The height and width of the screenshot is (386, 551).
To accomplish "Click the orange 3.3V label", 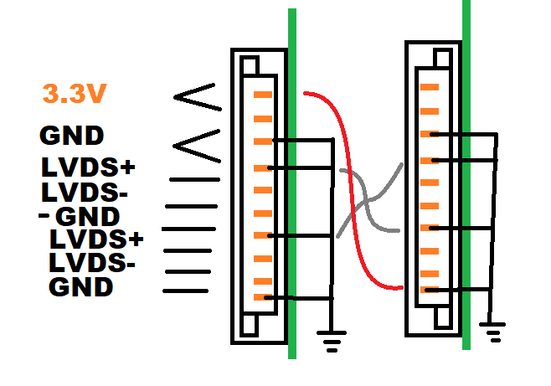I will coord(73,94).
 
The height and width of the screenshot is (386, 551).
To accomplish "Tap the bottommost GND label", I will coord(80,287).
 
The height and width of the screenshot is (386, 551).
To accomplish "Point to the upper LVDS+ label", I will coord(88,167).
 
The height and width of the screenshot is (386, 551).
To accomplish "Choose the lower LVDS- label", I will coord(92,263).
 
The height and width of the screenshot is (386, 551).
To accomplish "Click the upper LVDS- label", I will coord(84,192).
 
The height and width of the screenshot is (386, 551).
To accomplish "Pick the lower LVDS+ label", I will coord(96,239).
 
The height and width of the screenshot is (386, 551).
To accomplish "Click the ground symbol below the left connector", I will coord(332,338).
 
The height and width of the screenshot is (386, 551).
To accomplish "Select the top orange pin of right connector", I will coord(429,86).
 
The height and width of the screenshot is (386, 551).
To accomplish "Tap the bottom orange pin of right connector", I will coord(429,289).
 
